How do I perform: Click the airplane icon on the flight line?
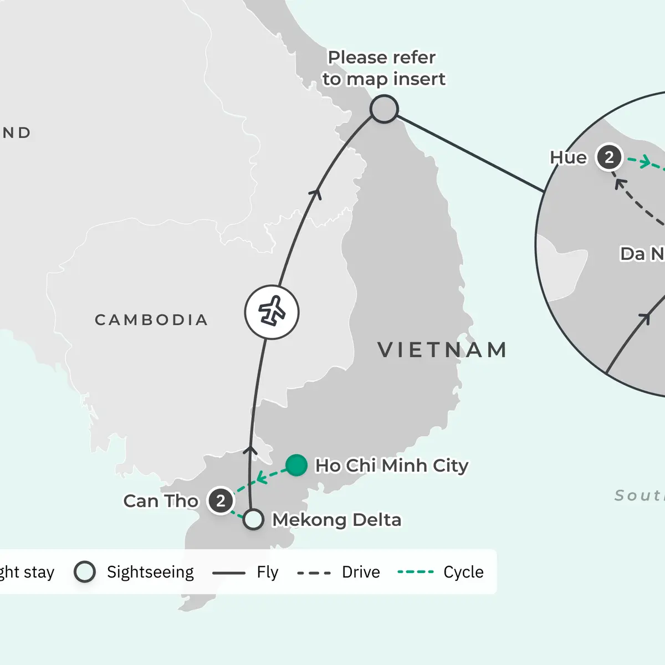[x=272, y=312]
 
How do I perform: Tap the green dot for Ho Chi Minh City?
[x=296, y=465]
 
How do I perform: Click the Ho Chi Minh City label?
[x=391, y=465]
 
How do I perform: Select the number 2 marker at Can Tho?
[x=221, y=501]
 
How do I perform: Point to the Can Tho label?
[x=161, y=501]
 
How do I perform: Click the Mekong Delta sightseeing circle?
[x=253, y=519]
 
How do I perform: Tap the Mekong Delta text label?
[x=336, y=520]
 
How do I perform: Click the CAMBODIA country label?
[x=151, y=320]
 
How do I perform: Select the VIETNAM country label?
[x=442, y=350]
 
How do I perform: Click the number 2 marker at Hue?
[x=609, y=157]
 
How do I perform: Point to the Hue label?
[x=568, y=158]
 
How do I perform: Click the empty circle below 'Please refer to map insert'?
[x=384, y=109]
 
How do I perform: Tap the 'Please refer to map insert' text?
[x=383, y=68]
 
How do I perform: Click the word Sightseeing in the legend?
[x=150, y=572]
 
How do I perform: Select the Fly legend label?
[x=267, y=572]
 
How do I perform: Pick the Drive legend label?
[x=361, y=572]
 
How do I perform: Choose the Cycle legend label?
[x=463, y=572]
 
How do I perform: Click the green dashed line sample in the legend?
[x=416, y=572]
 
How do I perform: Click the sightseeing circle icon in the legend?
[x=85, y=572]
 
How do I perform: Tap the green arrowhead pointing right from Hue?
[x=644, y=162]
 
